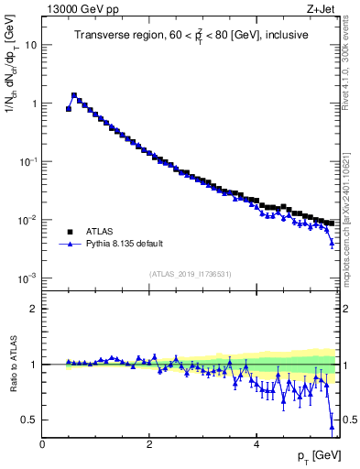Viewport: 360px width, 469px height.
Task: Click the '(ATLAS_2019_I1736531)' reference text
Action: click(191, 274)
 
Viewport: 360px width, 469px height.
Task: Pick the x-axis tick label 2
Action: click(149, 443)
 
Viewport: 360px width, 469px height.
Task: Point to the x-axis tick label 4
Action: click(256, 443)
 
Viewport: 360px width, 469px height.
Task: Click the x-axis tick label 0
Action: click(43, 443)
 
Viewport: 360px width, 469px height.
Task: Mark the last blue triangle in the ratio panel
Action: click(332, 424)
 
